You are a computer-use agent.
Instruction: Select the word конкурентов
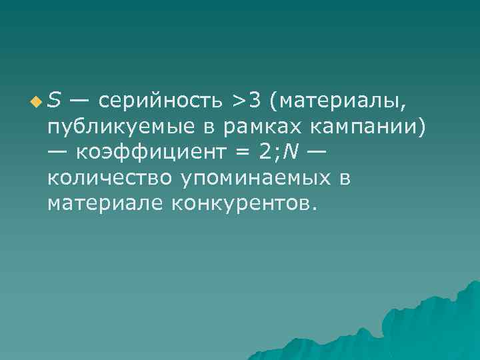(241, 203)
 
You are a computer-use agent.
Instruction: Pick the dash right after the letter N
(317, 152)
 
